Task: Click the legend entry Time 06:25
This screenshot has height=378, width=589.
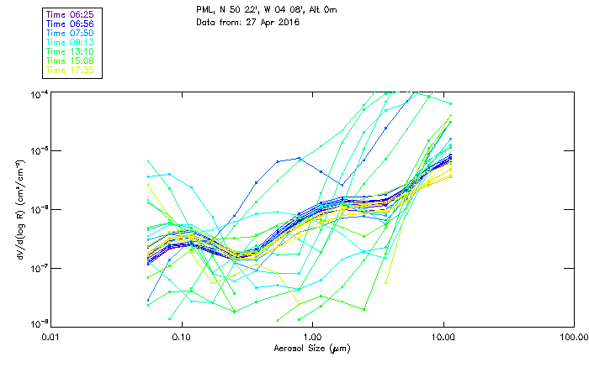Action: coord(71,13)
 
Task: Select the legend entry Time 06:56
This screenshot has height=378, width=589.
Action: coord(71,23)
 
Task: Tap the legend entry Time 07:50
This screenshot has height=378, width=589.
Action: coord(71,32)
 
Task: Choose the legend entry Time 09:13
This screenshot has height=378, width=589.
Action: coord(71,42)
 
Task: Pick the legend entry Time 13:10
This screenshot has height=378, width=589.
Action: coord(71,51)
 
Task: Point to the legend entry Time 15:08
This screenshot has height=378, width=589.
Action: coord(71,60)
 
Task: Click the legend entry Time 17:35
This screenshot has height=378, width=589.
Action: coord(71,70)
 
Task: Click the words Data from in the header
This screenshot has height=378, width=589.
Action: coord(215,23)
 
